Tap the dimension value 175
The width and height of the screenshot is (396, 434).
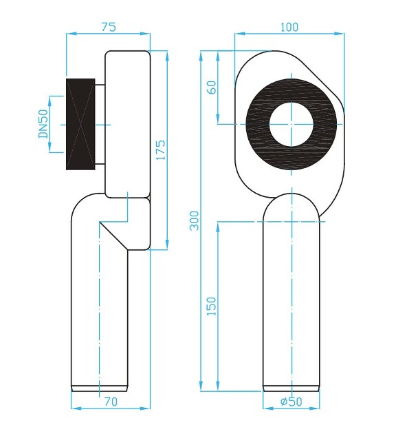click(160, 149)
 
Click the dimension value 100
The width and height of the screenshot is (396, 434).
click(289, 27)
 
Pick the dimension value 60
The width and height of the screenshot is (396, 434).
click(212, 87)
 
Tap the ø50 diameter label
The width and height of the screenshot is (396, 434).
click(291, 402)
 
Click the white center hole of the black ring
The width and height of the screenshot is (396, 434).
click(291, 125)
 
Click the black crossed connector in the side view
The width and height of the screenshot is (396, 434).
click(80, 124)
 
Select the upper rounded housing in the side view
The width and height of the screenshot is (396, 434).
click(127, 124)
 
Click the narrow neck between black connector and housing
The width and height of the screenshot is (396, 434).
click(100, 124)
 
